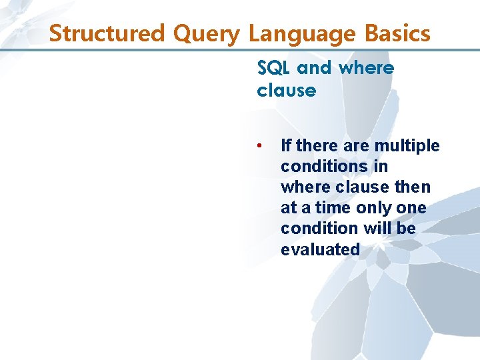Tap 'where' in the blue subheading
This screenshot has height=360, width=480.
tap(366, 68)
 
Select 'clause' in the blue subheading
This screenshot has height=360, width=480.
tap(286, 90)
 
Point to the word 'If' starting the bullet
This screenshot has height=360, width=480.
tap(286, 145)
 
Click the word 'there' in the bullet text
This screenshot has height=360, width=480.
tap(315, 145)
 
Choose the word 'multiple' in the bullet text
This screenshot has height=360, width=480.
tap(407, 145)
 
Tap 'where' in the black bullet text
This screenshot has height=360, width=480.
tap(303, 187)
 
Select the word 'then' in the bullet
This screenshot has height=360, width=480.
tap(411, 187)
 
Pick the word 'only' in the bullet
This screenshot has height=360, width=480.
tap(373, 207)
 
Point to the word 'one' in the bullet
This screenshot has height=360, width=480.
tap(411, 207)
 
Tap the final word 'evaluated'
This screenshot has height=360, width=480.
tap(320, 249)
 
